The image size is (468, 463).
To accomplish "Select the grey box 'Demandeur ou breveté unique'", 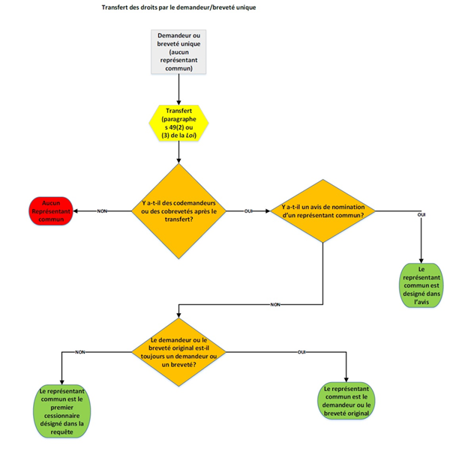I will [x=178, y=52].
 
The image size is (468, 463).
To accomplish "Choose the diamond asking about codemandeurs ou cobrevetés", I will [x=178, y=211].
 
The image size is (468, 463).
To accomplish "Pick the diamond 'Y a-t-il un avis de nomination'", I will [x=322, y=211].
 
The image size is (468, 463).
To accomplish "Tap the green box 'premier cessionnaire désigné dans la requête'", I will [x=64, y=411].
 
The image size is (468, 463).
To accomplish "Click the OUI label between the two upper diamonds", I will [x=248, y=211].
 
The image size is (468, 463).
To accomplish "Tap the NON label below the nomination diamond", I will [x=275, y=304].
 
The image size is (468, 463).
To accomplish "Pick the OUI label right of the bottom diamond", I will [x=301, y=351].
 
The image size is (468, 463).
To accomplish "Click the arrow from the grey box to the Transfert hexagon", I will [x=178, y=88].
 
